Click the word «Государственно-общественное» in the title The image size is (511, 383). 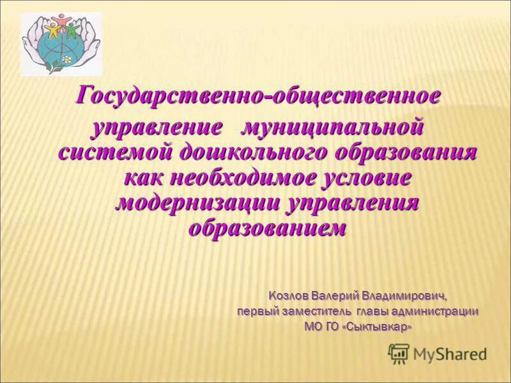259,96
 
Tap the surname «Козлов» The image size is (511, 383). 290,297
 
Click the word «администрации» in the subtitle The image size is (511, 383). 434,312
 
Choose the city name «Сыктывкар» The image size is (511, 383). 381,327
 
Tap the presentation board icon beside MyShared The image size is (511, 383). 399,352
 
